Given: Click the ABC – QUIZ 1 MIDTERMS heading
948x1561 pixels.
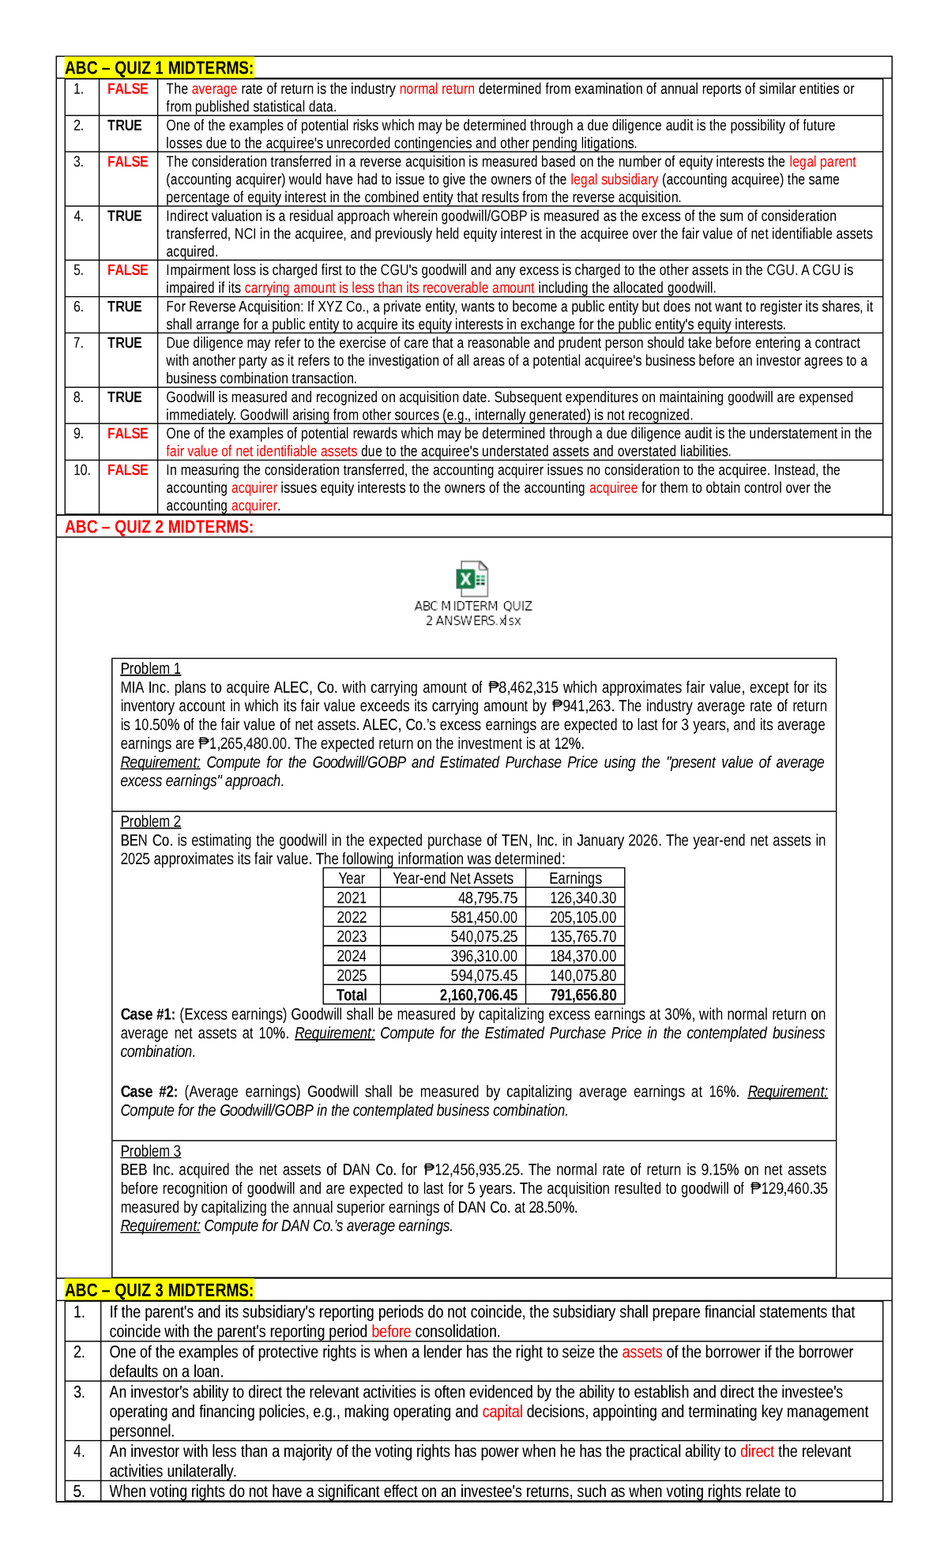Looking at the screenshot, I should coord(159,68).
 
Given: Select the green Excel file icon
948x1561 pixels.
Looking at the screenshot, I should coord(472,579).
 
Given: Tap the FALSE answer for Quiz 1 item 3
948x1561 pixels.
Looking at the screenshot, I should coord(127,162).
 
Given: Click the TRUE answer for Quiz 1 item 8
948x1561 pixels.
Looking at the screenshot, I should coord(125,397).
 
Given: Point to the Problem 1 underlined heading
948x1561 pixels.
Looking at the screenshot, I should coord(150,668).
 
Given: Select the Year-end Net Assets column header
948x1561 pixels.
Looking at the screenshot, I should coord(453,878).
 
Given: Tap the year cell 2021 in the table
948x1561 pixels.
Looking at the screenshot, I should coord(352,898).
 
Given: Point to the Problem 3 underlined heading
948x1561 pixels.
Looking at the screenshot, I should coord(150,1151).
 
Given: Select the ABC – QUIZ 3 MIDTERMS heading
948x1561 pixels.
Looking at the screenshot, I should coord(159,1290).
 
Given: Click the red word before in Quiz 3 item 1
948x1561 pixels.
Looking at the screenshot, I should coord(391,1331).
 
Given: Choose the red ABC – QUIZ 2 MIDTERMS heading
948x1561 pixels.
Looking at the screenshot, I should coord(159,527).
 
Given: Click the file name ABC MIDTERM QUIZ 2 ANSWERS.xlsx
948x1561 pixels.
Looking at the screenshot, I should coord(473,613).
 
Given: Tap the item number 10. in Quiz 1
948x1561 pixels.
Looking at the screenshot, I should coord(82,470).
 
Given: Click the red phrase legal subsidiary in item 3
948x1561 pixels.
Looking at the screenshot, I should coord(614,180).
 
